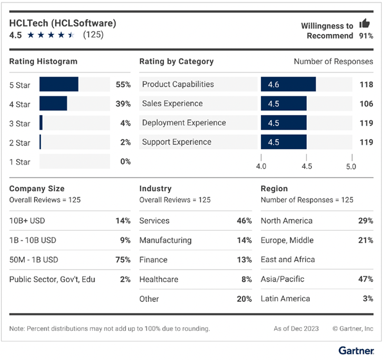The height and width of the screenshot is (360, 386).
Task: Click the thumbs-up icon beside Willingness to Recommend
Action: [364, 24]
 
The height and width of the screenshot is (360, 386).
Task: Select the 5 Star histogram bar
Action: [59, 84]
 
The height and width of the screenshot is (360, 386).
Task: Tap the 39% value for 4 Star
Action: [123, 103]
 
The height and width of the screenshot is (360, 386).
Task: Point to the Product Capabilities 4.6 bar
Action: [288, 84]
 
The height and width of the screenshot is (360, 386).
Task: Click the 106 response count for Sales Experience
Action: [366, 103]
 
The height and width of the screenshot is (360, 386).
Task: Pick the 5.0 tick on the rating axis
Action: [351, 166]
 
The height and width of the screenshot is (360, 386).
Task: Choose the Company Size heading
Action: [36, 189]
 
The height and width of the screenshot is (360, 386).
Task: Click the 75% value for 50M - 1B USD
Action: [123, 260]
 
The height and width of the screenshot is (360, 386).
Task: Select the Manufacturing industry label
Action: [165, 240]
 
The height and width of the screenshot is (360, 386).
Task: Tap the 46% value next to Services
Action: [244, 221]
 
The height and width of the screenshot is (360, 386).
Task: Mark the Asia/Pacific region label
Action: [283, 279]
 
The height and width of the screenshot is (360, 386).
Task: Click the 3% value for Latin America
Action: [368, 299]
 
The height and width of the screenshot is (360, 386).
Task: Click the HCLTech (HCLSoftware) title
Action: [62, 23]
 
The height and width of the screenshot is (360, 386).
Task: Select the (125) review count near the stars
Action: [93, 35]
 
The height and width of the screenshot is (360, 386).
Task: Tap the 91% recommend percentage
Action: [366, 36]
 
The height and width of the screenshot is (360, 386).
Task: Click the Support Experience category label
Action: [176, 142]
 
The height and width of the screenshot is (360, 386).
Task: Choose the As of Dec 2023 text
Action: [296, 328]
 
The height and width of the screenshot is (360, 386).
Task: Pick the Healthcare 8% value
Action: [246, 279]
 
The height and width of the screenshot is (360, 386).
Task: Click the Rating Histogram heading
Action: [43, 61]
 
